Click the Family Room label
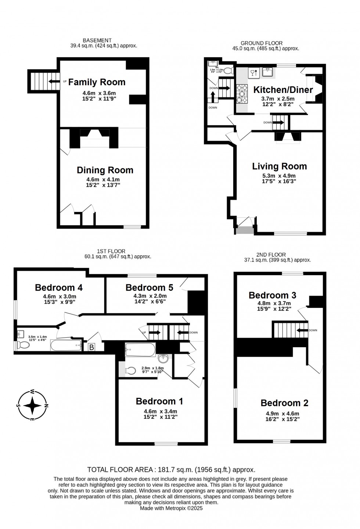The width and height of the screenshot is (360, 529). click(x=97, y=82)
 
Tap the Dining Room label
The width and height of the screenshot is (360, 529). click(x=105, y=170)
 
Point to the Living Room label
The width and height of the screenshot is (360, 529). click(x=279, y=166)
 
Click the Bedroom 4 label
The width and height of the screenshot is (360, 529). click(x=59, y=287)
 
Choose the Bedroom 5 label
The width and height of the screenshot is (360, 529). click(x=149, y=287)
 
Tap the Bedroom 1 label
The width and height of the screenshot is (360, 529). click(x=159, y=401)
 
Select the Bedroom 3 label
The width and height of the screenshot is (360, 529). click(x=272, y=295)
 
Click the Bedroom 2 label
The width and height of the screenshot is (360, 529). click(x=284, y=403)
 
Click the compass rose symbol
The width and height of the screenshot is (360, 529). click(x=33, y=406)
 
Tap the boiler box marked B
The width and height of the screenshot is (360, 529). click(x=91, y=347)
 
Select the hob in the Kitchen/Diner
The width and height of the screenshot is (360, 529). click(x=242, y=93)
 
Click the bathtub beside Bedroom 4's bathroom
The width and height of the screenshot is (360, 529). click(x=66, y=345)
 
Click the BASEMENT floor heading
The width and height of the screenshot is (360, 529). click(x=97, y=40)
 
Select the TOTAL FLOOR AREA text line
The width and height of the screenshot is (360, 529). click(x=171, y=469)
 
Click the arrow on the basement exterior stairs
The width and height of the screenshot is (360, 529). click(x=54, y=82)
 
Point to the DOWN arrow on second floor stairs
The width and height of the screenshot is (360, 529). click(x=302, y=330)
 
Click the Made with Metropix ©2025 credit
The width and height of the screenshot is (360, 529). click(x=171, y=508)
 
